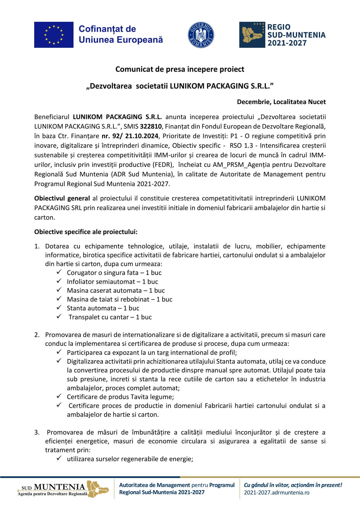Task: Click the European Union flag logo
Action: click(54, 35)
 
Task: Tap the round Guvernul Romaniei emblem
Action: click(201, 35)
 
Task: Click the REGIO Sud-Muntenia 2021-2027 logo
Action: click(282, 35)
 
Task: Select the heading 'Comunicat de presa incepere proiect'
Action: click(180, 69)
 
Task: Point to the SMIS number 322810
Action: click(151, 126)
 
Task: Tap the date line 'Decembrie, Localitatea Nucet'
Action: click(281, 102)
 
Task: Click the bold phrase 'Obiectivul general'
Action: click(62, 198)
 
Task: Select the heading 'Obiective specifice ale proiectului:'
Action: click(86, 232)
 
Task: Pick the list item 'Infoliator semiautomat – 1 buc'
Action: click(112, 282)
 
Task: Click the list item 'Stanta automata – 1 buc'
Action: click(103, 308)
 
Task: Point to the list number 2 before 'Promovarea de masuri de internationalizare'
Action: click(37, 335)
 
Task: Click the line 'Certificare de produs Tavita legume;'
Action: click(120, 397)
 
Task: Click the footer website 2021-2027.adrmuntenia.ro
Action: click(277, 492)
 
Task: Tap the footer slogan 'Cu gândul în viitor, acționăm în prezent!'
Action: click(293, 485)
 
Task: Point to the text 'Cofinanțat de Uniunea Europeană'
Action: click(120, 34)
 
